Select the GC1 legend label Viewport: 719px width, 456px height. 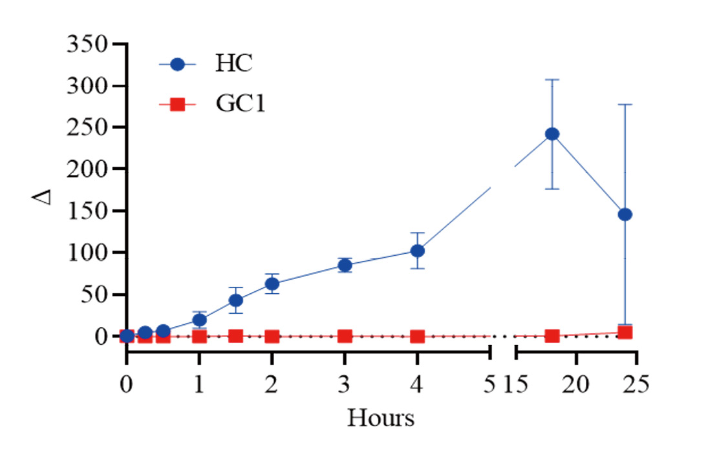[241, 105]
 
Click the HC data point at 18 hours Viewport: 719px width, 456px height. [552, 134]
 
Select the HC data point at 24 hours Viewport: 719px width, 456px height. [625, 214]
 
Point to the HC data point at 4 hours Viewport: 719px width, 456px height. [418, 251]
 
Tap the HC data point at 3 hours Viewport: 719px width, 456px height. [345, 265]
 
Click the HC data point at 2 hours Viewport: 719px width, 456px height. [272, 284]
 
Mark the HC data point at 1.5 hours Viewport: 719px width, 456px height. [236, 300]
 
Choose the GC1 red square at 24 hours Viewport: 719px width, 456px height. [625, 333]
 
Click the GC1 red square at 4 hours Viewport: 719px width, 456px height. [418, 337]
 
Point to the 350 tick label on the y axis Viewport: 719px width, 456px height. [89, 46]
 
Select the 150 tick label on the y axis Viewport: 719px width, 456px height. [89, 211]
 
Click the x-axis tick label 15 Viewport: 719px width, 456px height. [516, 385]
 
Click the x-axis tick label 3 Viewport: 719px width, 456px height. [345, 385]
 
